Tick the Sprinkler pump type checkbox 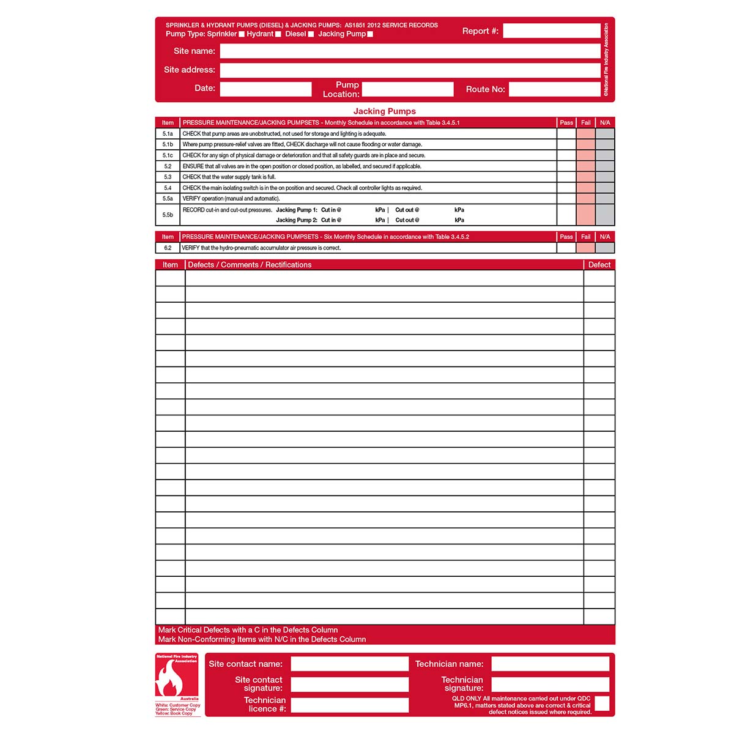click(x=242, y=34)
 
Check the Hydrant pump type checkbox click(x=278, y=34)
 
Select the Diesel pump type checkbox click(x=311, y=34)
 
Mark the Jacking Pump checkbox click(x=370, y=34)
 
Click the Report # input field click(x=551, y=31)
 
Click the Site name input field click(x=410, y=51)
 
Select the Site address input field click(x=410, y=70)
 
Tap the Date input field click(x=265, y=89)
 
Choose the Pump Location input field click(x=407, y=89)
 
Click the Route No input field click(x=554, y=89)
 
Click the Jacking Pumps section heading click(x=385, y=111)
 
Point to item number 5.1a click(x=168, y=134)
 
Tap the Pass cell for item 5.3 click(x=566, y=177)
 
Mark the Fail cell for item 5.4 click(x=586, y=188)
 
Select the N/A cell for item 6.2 click(x=605, y=248)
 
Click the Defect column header click(x=599, y=265)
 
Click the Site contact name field click(x=349, y=664)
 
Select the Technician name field click(x=550, y=664)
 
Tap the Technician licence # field click(x=349, y=705)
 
